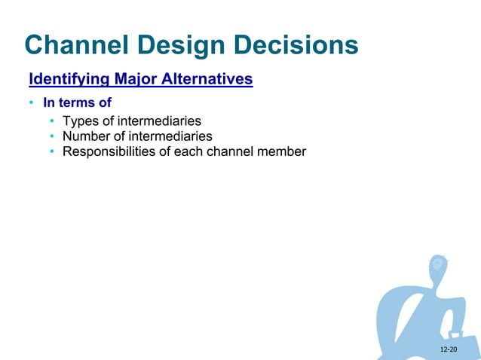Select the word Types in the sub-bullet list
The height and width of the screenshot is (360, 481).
(x=81, y=121)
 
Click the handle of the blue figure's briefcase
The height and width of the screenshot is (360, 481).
(x=456, y=334)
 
